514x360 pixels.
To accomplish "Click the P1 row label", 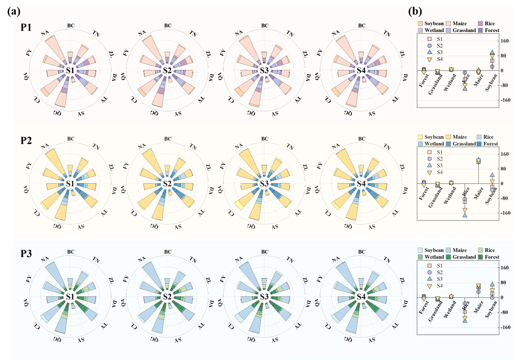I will click(26, 27).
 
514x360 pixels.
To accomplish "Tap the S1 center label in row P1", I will click(70, 71).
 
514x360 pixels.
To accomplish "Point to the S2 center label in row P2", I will click(167, 184).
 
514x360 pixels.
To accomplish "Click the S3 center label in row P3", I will click(264, 297).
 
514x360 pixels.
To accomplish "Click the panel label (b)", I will click(415, 11).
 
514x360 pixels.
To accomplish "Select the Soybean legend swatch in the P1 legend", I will click(421, 23).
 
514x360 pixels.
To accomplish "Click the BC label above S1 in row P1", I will click(71, 26).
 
